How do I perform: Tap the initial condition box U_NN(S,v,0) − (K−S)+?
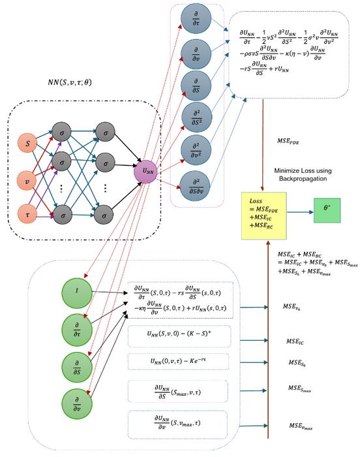point(178,334)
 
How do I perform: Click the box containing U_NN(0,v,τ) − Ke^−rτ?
point(178,361)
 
